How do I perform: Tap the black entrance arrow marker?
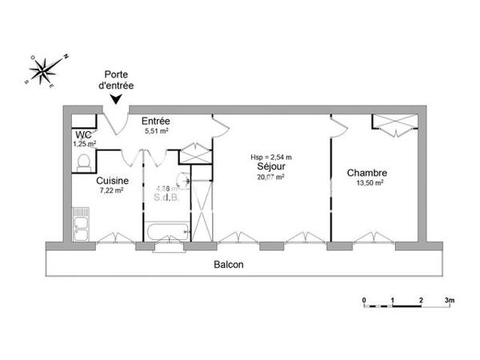coord(117,99)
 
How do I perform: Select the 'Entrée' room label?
coord(155,121)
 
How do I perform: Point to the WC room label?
coord(82,135)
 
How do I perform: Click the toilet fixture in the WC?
coord(83,162)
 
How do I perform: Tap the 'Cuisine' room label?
coord(111,181)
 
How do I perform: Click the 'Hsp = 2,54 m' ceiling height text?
coord(270,157)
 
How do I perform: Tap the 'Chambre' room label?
coord(367,173)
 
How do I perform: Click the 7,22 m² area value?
coord(111,190)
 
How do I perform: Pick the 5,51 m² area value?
coord(156,130)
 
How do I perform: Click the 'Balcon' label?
coord(229,264)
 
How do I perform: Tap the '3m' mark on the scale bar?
coord(450,300)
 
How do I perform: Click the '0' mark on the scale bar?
coord(364,300)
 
